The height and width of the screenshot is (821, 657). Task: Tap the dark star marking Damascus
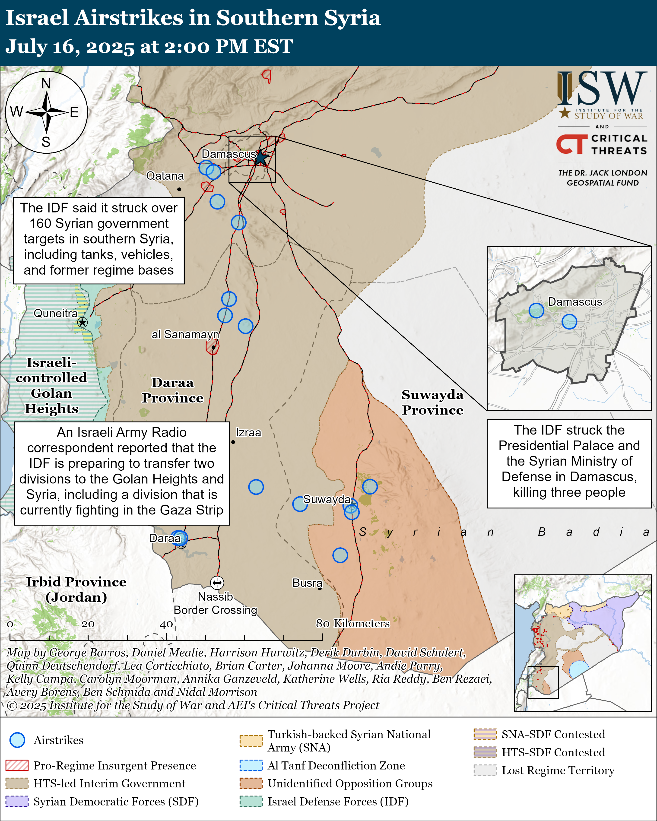(x=261, y=158)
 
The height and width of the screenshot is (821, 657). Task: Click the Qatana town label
(x=165, y=176)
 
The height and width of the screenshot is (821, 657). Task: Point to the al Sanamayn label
(x=185, y=334)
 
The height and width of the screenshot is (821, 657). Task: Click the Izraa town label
(x=248, y=433)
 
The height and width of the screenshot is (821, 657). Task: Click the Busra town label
(x=307, y=583)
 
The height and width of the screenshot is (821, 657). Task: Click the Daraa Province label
(x=172, y=390)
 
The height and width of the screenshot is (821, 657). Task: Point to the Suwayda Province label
(x=433, y=403)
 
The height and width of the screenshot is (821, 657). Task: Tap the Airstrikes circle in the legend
(x=17, y=740)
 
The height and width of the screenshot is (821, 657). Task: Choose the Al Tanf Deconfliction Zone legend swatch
(x=251, y=765)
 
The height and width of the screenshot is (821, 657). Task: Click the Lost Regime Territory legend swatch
(x=485, y=770)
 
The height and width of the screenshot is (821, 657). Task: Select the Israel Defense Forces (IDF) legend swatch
(x=251, y=801)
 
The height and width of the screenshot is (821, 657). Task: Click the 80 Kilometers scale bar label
(x=353, y=623)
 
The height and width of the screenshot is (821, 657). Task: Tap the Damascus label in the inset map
(x=575, y=302)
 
